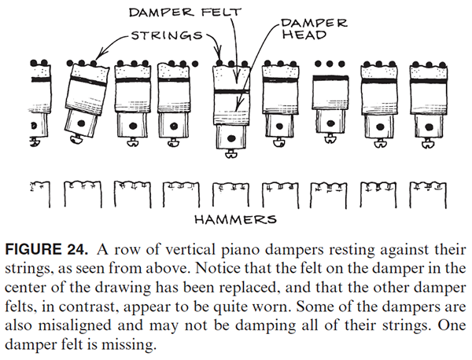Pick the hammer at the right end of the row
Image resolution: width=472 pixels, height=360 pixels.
coord(428,193)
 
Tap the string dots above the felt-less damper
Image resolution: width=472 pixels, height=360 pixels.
coord(326,62)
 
